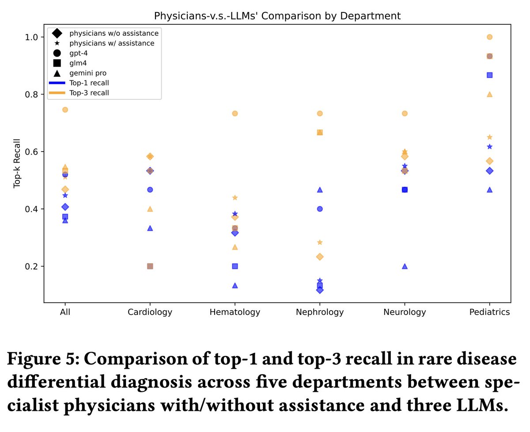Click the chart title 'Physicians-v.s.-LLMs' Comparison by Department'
click(x=277, y=16)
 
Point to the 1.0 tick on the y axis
click(x=33, y=37)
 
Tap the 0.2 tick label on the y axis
click(x=33, y=266)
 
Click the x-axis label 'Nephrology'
click(x=320, y=312)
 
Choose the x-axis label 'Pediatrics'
click(x=489, y=312)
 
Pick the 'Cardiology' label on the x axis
click(x=150, y=312)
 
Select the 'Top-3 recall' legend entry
click(x=89, y=93)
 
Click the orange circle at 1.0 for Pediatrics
click(x=489, y=37)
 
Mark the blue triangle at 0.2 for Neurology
click(x=405, y=266)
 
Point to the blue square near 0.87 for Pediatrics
click(x=489, y=75)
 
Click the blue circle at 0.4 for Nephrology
click(x=320, y=209)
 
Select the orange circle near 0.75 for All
click(x=65, y=110)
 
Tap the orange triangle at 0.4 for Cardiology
click(x=150, y=209)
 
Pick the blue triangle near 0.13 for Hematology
click(x=235, y=285)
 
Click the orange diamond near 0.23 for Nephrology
click(x=320, y=257)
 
